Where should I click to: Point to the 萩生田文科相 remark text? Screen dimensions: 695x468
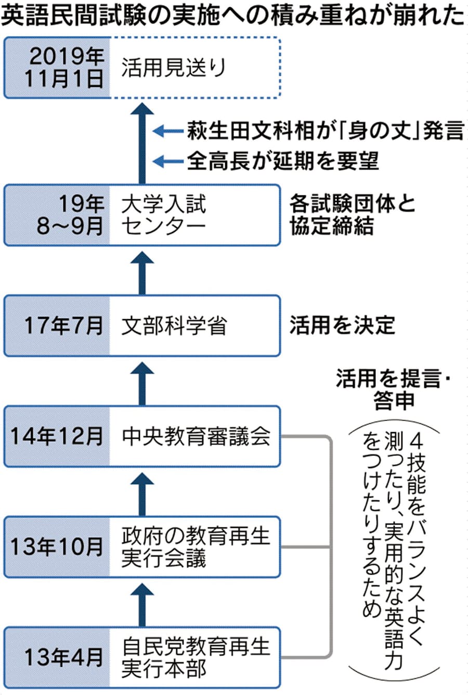[324, 130]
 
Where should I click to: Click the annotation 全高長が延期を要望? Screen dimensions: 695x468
[283, 160]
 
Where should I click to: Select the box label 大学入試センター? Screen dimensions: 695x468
[164, 214]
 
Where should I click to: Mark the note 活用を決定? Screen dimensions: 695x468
[342, 325]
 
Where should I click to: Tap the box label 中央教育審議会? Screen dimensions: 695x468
[196, 436]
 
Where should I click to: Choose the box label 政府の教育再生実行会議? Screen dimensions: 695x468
[196, 547]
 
